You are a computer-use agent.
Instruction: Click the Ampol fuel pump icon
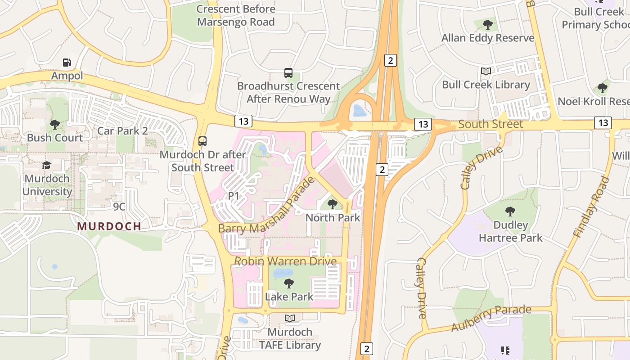pyautogui.click(x=67, y=63)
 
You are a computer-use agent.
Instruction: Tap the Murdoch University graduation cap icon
pyautogui.click(x=47, y=165)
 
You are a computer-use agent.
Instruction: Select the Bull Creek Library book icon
pyautogui.click(x=486, y=71)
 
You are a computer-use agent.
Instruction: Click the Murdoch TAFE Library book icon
pyautogui.click(x=290, y=319)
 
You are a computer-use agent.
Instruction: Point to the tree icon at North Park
pyautogui.click(x=333, y=204)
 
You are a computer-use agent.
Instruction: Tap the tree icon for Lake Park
pyautogui.click(x=289, y=283)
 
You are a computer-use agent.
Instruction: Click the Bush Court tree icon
pyautogui.click(x=55, y=125)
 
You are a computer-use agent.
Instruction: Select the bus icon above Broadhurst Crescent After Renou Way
pyautogui.click(x=288, y=72)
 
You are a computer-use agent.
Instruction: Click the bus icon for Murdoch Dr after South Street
pyautogui.click(x=202, y=141)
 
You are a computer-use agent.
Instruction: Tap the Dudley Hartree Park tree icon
pyautogui.click(x=510, y=211)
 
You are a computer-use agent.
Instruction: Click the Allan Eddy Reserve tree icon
pyautogui.click(x=487, y=24)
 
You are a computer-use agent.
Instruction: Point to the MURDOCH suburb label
pyautogui.click(x=109, y=226)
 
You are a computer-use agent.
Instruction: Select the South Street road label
pyautogui.click(x=490, y=124)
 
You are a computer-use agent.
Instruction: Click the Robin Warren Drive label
pyautogui.click(x=285, y=261)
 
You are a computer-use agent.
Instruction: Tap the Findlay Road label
pyautogui.click(x=591, y=207)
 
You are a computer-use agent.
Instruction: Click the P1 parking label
pyautogui.click(x=234, y=196)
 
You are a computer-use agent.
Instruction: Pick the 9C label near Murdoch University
pyautogui.click(x=119, y=207)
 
